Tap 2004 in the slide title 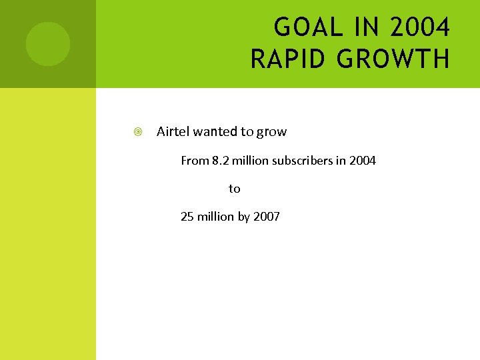(x=420, y=28)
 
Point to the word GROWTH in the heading (x=393, y=59)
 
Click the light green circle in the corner (x=47, y=44)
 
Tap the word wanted (x=215, y=131)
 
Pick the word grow (x=272, y=132)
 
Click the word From (x=195, y=161)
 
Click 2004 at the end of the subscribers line (x=363, y=161)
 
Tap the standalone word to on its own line (x=235, y=189)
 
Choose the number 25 (x=187, y=217)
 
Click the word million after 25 (x=216, y=217)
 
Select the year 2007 (x=267, y=217)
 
